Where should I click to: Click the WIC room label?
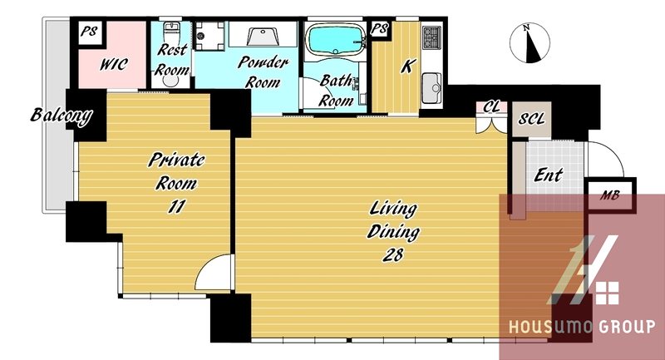[x=114, y=65]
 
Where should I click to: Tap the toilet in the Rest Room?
[x=172, y=32]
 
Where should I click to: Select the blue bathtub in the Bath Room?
[x=336, y=39]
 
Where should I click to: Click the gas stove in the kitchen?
[x=431, y=37]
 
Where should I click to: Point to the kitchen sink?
[x=431, y=88]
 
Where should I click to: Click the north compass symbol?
[x=530, y=43]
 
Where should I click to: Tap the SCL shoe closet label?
[x=531, y=119]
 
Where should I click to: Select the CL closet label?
[x=491, y=107]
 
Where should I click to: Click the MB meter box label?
[x=610, y=195]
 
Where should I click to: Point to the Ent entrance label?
[x=549, y=175]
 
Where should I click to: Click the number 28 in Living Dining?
[x=392, y=255]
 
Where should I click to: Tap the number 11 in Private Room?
[x=176, y=207]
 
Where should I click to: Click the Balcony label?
[x=62, y=116]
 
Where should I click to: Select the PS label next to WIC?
[x=89, y=32]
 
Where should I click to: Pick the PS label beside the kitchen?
[x=379, y=29]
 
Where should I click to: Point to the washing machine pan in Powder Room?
[x=209, y=36]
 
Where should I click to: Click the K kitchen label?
[x=407, y=67]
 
